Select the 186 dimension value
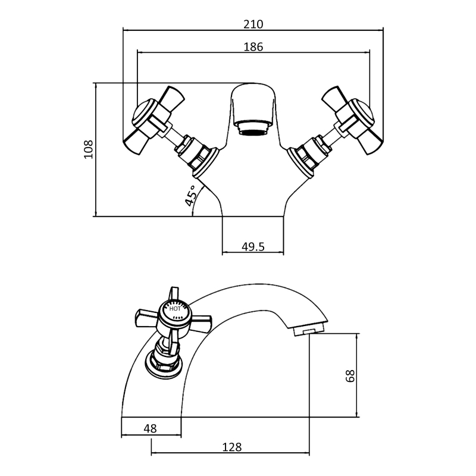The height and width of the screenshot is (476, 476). tap(253, 46)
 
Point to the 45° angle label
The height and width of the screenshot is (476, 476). tap(190, 195)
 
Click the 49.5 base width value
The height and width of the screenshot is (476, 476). tap(253, 246)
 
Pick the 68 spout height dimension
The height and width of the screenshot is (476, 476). tap(350, 375)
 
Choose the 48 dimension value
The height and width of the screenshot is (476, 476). tap(151, 428)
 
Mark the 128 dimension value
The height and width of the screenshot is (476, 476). tap(231, 447)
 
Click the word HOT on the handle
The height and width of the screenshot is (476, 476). tap(176, 309)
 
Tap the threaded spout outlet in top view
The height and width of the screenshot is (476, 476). tap(252, 127)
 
